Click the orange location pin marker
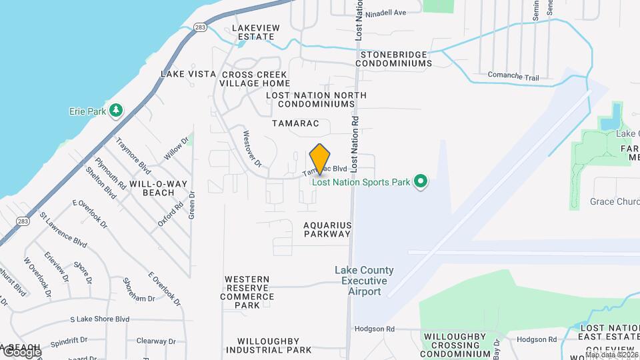pyautogui.click(x=320, y=159)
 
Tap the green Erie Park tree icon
pyautogui.click(x=117, y=109)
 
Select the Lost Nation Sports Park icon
pyautogui.click(x=420, y=181)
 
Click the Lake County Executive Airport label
pyautogui.click(x=364, y=281)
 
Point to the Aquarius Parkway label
pyautogui.click(x=327, y=229)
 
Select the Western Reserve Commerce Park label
pyautogui.click(x=247, y=292)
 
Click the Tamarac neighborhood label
pyautogui.click(x=296, y=123)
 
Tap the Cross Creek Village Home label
pyautogui.click(x=256, y=79)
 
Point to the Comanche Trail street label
pyautogui.click(x=513, y=77)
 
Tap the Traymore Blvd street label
pyautogui.click(x=132, y=153)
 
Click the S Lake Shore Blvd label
pyautogui.click(x=99, y=319)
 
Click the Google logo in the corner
pyautogui.click(x=22, y=352)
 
